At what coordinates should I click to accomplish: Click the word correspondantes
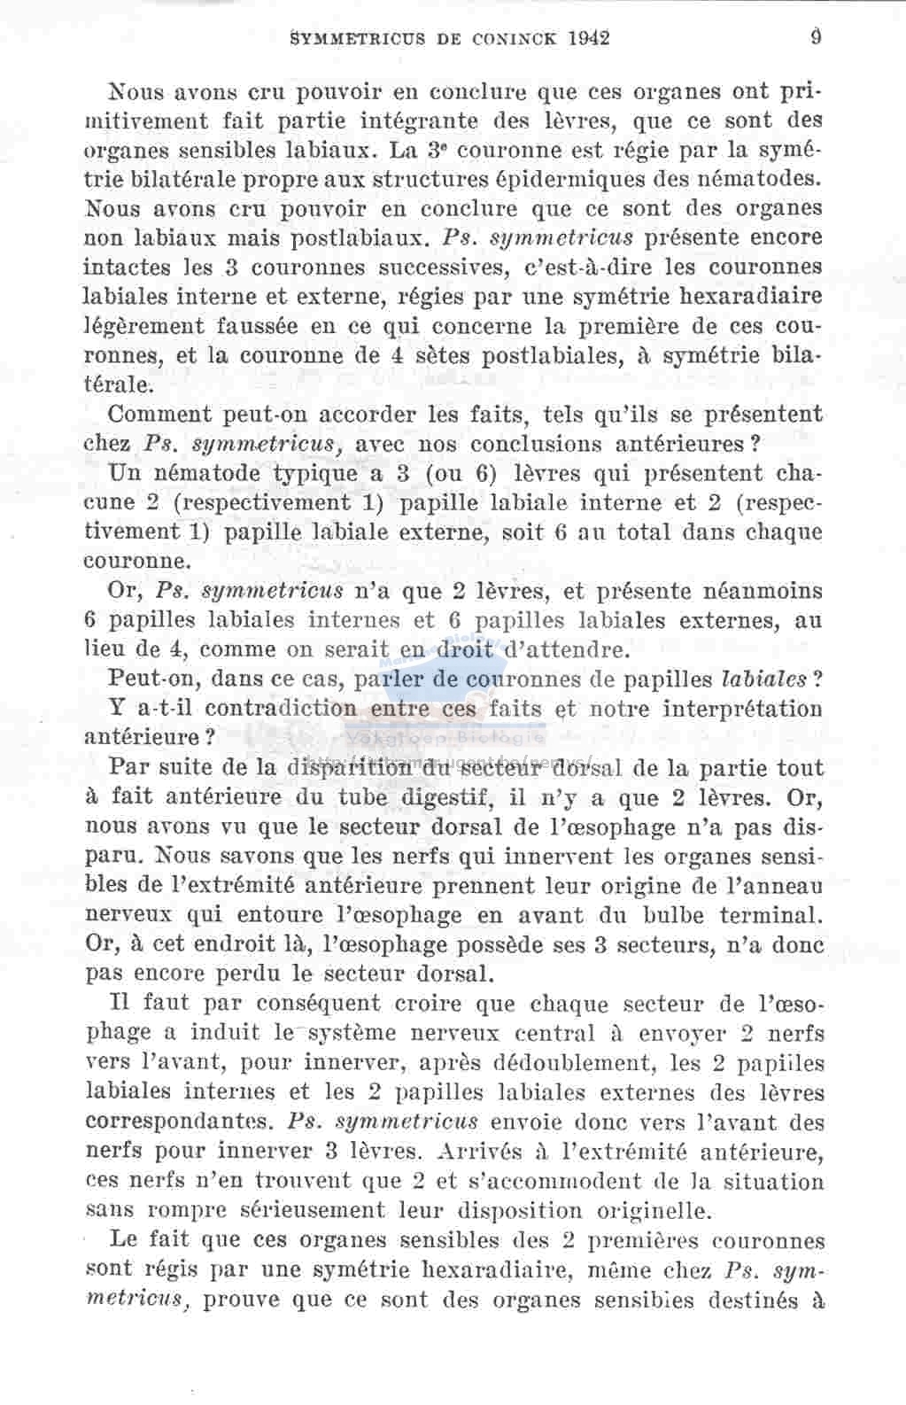181,1121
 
